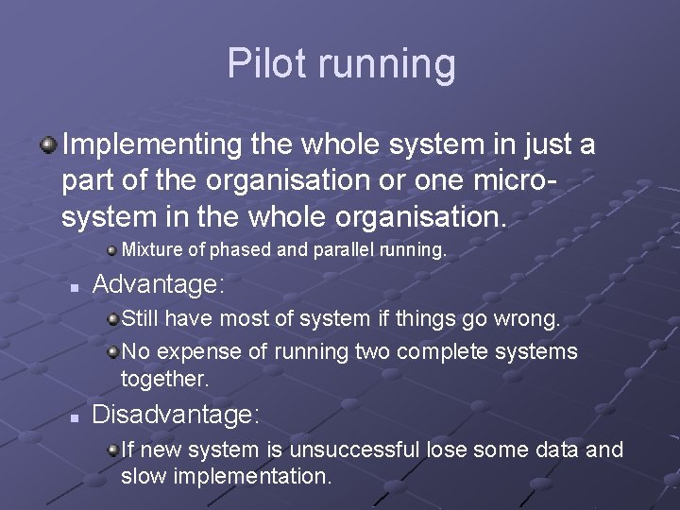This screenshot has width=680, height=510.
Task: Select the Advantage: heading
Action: point(159,284)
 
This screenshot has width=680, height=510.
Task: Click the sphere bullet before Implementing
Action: point(45,144)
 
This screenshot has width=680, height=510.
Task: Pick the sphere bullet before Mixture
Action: point(112,250)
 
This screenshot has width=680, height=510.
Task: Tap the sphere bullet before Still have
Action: point(112,318)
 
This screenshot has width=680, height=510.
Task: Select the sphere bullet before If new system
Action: point(112,450)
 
